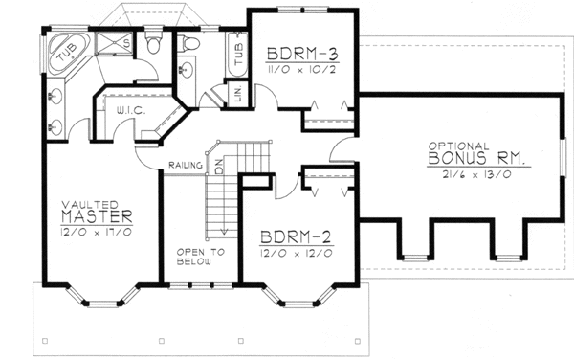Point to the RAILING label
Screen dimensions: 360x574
pyautogui.click(x=184, y=165)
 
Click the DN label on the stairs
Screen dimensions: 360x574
pyautogui.click(x=218, y=164)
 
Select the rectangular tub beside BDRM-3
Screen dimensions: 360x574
pyautogui.click(x=236, y=58)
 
